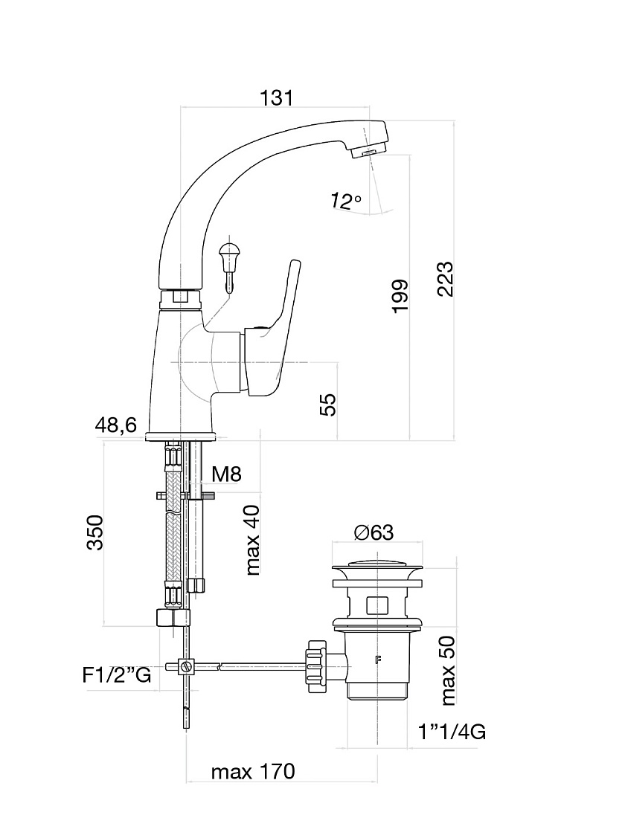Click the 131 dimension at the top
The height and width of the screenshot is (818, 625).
[276, 97]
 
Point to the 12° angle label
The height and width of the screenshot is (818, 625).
[345, 200]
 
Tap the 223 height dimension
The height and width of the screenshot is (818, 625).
[446, 279]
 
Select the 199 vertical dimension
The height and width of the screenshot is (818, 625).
[400, 296]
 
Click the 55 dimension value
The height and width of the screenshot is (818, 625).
[328, 405]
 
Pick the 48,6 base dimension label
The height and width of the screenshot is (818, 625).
[116, 425]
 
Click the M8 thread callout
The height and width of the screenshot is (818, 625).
[227, 474]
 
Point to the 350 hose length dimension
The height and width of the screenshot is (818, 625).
[95, 532]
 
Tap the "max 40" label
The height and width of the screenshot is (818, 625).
[253, 540]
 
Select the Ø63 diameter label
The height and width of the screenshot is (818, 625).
[374, 532]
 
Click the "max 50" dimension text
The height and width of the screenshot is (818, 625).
[448, 671]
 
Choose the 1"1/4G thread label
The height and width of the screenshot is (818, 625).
[452, 732]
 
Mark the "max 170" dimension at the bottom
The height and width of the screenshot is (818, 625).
[253, 772]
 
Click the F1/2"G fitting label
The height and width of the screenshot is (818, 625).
[117, 675]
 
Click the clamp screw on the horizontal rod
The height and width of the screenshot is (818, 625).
[185, 666]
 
